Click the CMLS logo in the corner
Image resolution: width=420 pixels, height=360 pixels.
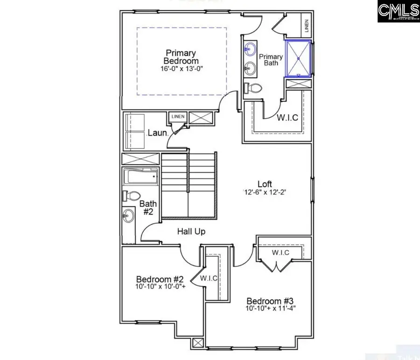(398, 11)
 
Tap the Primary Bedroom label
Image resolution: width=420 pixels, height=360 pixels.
(181, 57)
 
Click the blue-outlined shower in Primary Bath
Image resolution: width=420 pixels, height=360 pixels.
(298, 59)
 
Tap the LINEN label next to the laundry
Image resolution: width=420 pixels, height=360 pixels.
(178, 117)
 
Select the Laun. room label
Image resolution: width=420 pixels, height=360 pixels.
(157, 133)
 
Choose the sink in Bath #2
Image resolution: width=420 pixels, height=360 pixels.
(128, 216)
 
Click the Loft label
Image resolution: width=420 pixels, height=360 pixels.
(265, 184)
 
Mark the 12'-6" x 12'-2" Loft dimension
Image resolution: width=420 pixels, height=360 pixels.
(264, 192)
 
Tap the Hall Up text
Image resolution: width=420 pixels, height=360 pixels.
(191, 231)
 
